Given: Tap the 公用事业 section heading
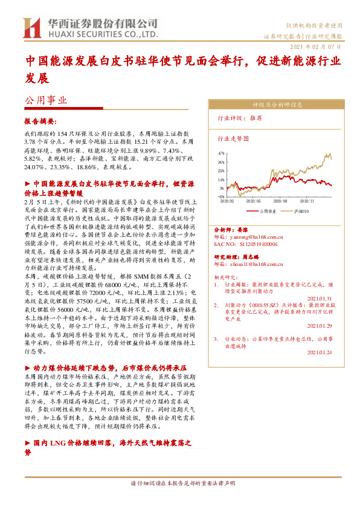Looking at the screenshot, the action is pyautogui.click(x=45, y=101).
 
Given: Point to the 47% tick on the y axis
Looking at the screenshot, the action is pyautogui.click(x=222, y=154).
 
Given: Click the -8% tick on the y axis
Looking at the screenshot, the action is pyautogui.click(x=222, y=196).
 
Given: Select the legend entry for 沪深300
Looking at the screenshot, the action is pyautogui.click(x=299, y=212).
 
